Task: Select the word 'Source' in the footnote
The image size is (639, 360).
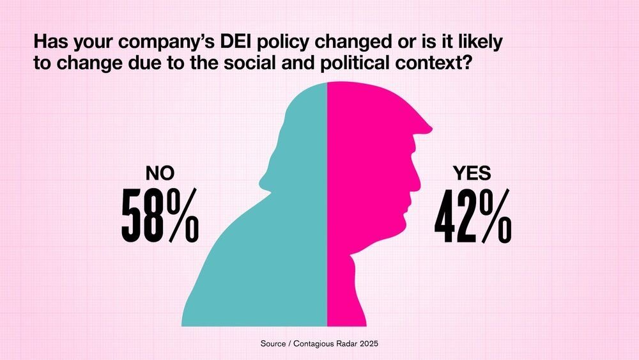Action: pyautogui.click(x=273, y=344)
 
